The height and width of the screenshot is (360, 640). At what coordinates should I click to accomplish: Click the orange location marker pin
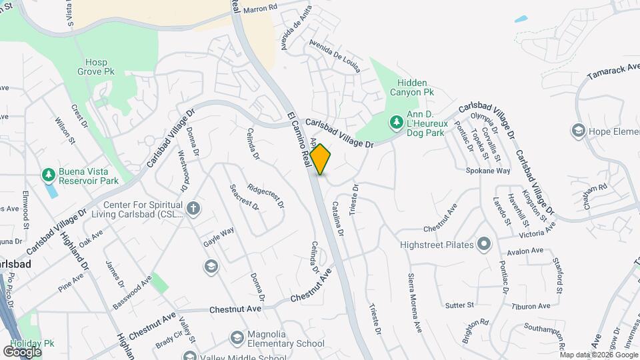coord(321,159)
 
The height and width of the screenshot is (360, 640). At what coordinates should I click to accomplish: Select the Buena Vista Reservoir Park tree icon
coord(48,175)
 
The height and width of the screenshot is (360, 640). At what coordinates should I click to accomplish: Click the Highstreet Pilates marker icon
coord(484,244)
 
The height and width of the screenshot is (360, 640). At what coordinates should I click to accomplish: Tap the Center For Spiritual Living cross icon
coord(193,209)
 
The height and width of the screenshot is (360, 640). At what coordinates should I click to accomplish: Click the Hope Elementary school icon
coord(577,131)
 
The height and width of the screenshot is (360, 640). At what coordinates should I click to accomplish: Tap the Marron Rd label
coord(260,9)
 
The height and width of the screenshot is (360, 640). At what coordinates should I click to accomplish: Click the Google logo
coord(23,351)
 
